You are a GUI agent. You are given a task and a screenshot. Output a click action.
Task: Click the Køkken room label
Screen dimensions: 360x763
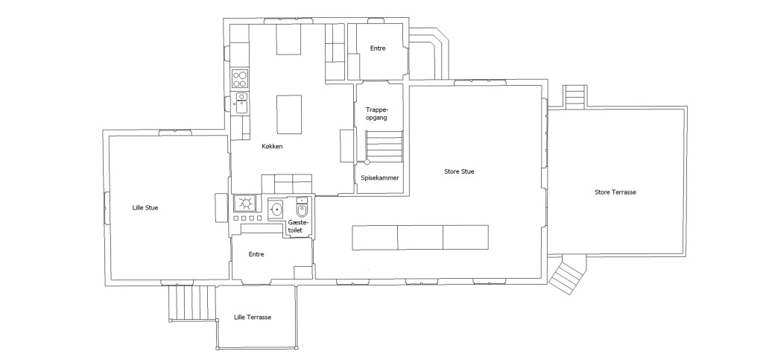[x=273, y=147]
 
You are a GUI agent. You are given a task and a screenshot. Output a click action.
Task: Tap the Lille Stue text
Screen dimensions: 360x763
[x=145, y=208]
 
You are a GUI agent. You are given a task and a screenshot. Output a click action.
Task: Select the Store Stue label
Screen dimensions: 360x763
[x=459, y=171]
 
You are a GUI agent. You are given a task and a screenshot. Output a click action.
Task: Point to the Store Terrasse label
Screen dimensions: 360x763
[x=615, y=192]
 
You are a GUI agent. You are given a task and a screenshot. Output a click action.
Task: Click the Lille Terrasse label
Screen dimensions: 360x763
[x=252, y=318]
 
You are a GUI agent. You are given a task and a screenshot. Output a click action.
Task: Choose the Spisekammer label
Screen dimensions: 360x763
[x=380, y=178]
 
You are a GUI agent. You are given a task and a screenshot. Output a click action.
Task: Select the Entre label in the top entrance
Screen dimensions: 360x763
[x=379, y=49]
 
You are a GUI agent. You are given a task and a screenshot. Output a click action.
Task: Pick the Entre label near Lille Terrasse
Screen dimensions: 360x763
[x=256, y=255]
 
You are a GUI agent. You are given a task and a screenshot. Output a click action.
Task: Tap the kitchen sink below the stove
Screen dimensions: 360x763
[x=241, y=102]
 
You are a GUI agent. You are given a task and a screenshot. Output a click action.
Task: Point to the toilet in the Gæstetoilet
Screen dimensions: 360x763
[x=302, y=208]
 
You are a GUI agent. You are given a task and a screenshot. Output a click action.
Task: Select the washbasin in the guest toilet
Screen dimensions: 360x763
[x=276, y=209]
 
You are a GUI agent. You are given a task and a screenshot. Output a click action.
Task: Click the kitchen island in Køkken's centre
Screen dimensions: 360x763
[x=289, y=114]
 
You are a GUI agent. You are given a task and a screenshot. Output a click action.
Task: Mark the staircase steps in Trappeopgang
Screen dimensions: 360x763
[x=384, y=144]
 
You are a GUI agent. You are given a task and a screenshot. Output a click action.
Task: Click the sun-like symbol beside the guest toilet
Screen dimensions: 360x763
[x=245, y=203]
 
